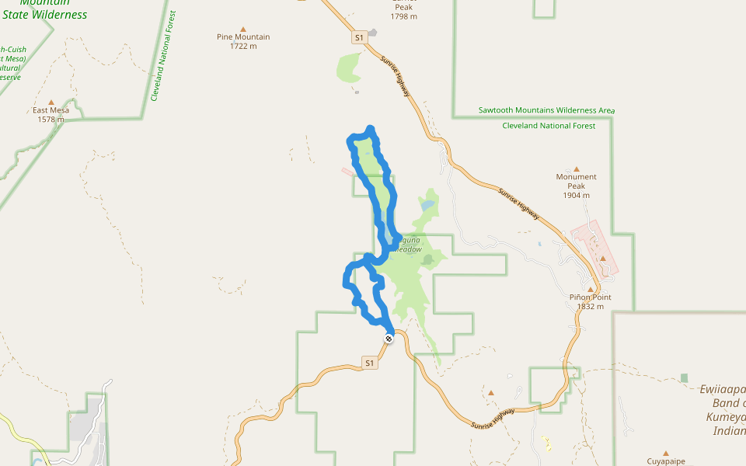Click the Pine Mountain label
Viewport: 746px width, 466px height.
coord(243,37)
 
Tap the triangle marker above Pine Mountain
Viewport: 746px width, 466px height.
coord(244,27)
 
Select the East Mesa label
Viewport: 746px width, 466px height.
coord(51,110)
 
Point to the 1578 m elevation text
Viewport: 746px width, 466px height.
coord(52,120)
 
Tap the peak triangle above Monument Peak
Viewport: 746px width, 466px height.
coord(576,169)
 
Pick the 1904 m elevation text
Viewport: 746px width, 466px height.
coord(576,196)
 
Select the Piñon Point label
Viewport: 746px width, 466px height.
coord(590,297)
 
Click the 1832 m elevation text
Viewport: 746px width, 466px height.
coord(590,307)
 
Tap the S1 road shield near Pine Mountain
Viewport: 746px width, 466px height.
coord(358,37)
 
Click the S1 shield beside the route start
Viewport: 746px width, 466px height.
coord(370,363)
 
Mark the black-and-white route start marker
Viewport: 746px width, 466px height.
coord(389,338)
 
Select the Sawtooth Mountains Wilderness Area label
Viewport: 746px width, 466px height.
coord(545,111)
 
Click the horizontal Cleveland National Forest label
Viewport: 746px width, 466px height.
coord(549,126)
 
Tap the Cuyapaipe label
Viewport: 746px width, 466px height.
coord(666,461)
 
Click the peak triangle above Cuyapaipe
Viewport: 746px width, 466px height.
coord(666,453)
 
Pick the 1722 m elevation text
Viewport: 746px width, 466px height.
coord(243,46)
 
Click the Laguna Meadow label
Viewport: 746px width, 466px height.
coord(408,245)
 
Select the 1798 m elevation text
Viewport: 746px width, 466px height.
coord(404,16)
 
